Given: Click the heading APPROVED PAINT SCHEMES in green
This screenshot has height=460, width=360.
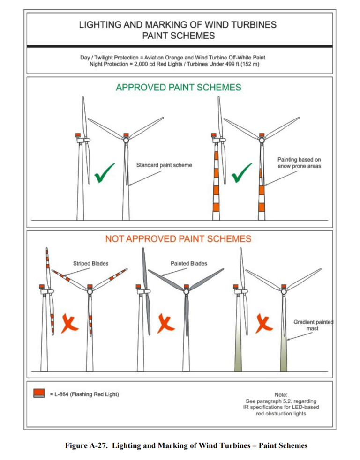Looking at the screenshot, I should (178, 87).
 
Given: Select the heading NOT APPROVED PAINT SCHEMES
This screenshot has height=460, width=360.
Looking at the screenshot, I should (178, 239).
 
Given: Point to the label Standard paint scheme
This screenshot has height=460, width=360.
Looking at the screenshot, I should (164, 165).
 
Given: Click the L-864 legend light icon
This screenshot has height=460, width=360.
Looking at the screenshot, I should (40, 393).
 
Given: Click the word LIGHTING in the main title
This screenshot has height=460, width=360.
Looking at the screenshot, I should (100, 24).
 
